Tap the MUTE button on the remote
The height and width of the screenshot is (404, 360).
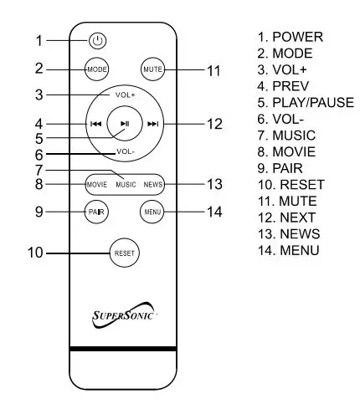point(152,69)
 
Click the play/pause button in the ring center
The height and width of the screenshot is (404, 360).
point(125,124)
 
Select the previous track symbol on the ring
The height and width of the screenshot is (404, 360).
point(96,125)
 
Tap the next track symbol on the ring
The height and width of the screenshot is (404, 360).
point(152,125)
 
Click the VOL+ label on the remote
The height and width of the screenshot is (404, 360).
point(125,95)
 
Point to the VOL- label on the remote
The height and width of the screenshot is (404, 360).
point(125,152)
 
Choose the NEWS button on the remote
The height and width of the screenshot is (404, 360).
point(152,183)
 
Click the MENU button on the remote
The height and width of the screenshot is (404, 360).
point(152,211)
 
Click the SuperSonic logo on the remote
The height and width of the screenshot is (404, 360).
point(125,317)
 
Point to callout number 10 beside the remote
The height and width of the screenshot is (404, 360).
point(37,252)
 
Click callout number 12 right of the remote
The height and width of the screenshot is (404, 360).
point(214,125)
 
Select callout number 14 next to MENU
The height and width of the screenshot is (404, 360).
point(214,211)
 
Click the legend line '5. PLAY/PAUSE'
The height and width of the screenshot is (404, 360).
point(306,103)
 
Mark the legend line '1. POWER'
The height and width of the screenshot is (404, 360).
point(291,38)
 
